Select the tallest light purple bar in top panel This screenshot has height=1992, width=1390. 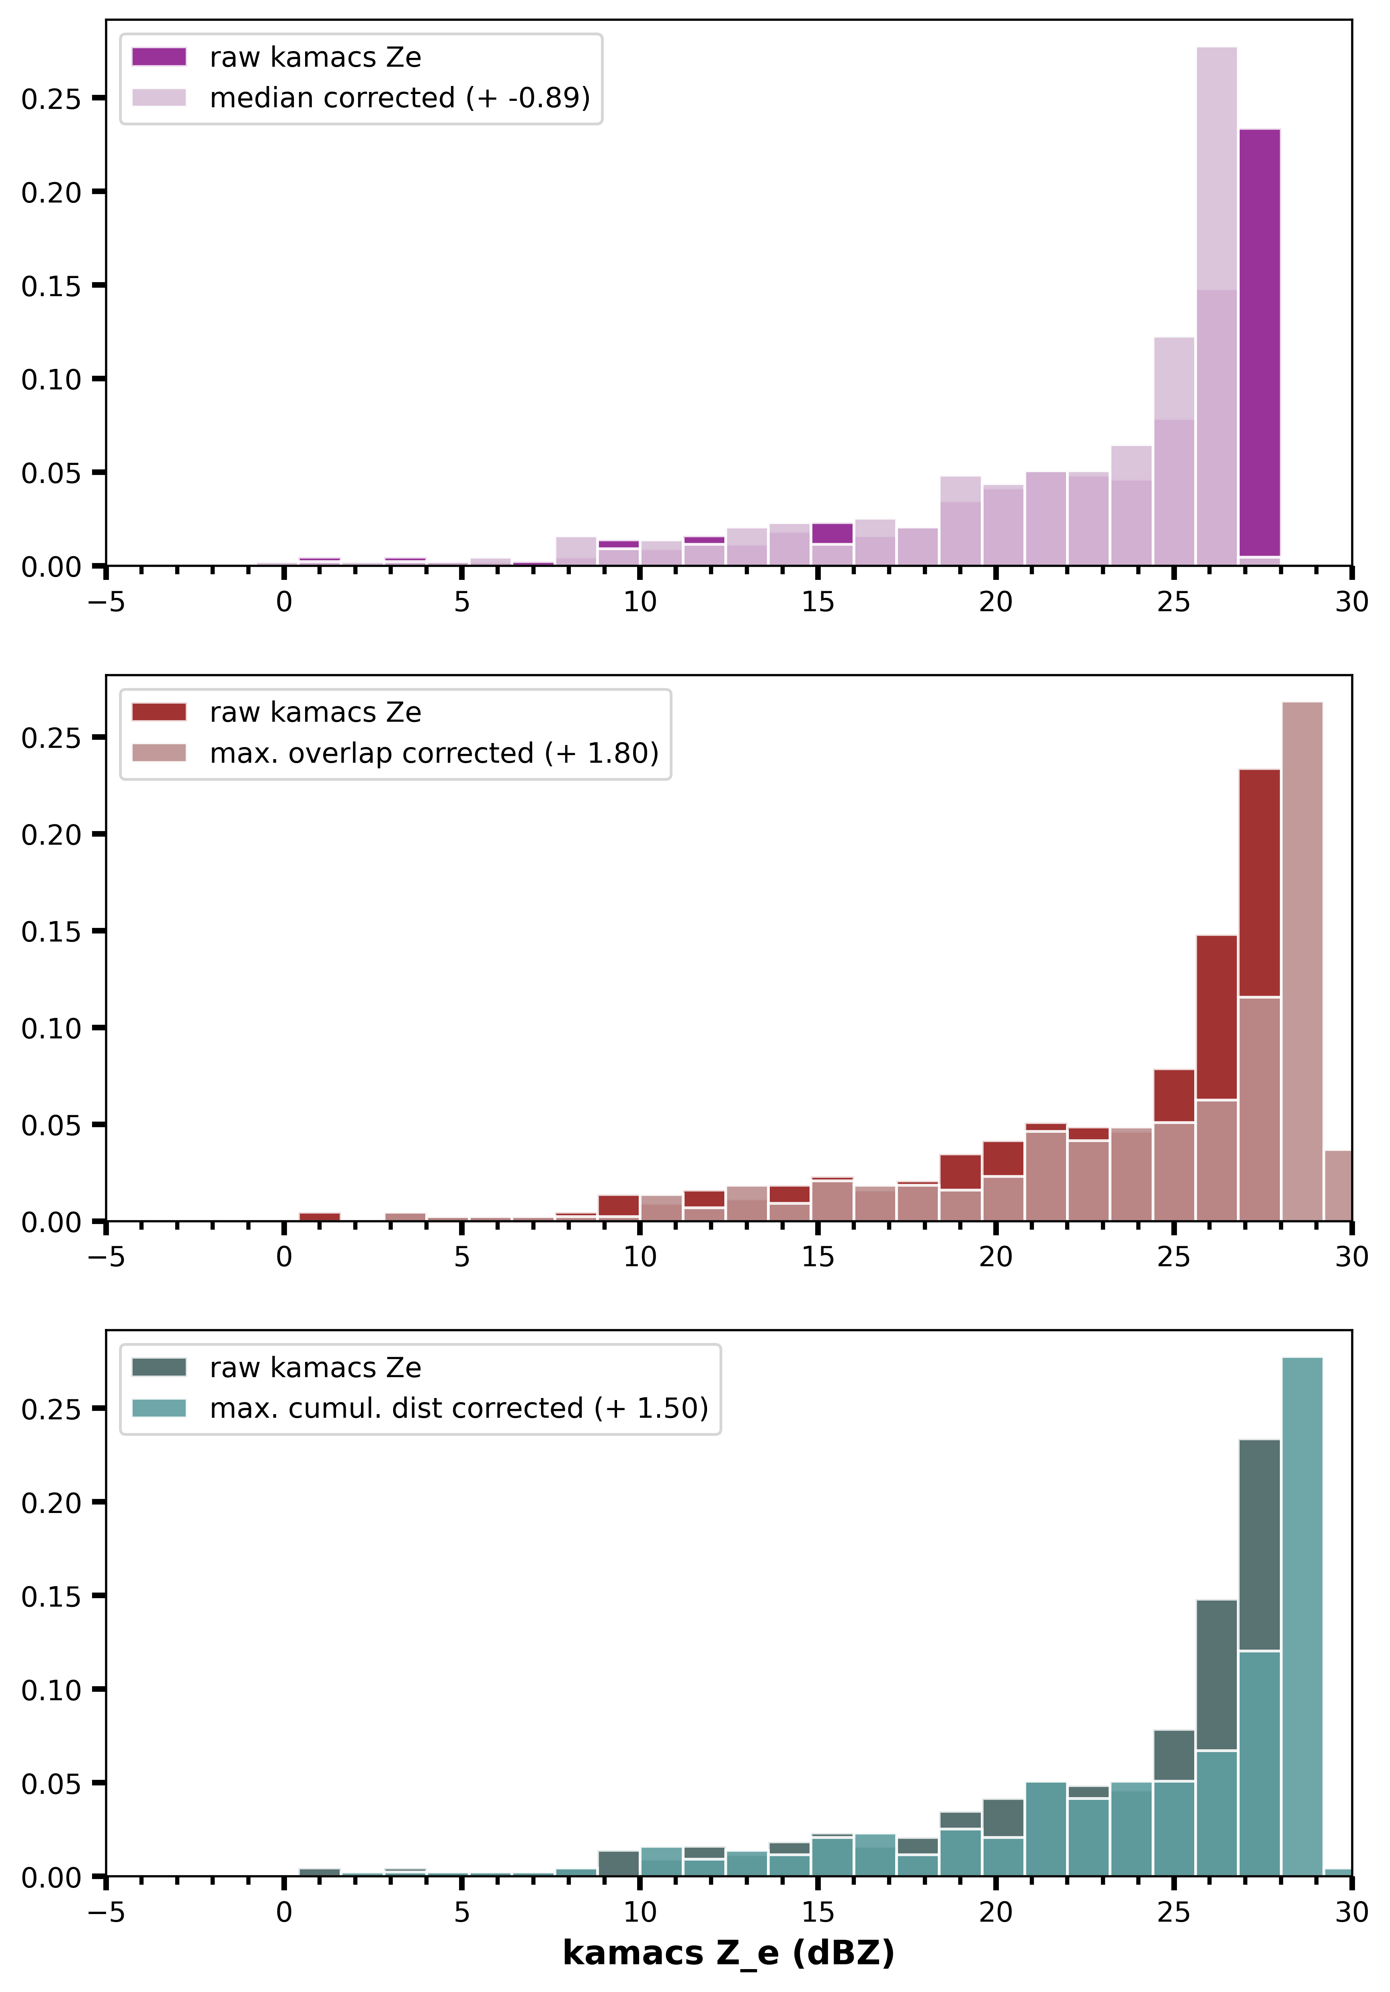(x=1216, y=174)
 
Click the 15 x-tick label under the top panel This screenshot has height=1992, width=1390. (x=817, y=602)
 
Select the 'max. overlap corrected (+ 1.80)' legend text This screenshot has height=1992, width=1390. (x=434, y=753)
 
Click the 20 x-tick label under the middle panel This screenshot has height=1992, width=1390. (x=995, y=1257)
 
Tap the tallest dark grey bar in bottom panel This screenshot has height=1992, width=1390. (x=1259, y=1544)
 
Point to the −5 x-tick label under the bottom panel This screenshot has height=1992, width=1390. (x=106, y=1912)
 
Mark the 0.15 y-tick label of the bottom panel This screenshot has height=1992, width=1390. (x=50, y=1597)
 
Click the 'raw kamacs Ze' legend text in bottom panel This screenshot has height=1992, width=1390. (x=315, y=1368)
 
